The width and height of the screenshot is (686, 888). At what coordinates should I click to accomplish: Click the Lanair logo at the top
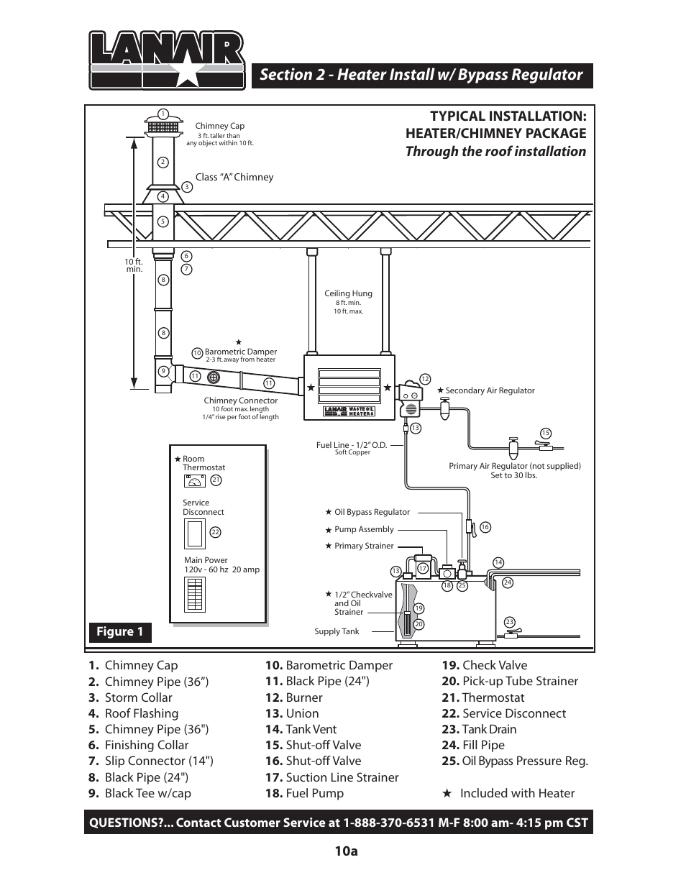click(166, 60)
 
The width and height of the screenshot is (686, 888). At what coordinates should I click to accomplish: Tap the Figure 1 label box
click(120, 632)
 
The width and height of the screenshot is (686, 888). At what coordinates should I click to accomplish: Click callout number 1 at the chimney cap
click(163, 114)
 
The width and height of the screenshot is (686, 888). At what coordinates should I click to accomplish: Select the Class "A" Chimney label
click(234, 177)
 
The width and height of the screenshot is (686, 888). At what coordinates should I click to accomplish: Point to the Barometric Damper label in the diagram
click(240, 352)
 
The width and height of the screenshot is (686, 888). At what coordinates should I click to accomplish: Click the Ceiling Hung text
click(348, 293)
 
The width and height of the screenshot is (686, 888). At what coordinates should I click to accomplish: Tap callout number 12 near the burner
click(425, 379)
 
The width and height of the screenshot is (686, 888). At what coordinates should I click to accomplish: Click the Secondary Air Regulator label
click(489, 390)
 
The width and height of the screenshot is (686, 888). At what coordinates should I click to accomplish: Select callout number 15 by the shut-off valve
click(546, 433)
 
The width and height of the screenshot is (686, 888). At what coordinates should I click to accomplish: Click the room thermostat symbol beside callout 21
click(195, 481)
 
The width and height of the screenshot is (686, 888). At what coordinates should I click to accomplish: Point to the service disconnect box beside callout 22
click(195, 533)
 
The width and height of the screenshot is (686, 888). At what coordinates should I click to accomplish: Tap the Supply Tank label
click(337, 631)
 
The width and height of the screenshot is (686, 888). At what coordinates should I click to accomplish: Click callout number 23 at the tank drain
click(510, 622)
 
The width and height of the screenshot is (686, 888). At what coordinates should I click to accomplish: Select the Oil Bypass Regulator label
click(372, 513)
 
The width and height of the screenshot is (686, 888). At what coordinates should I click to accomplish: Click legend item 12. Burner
click(293, 697)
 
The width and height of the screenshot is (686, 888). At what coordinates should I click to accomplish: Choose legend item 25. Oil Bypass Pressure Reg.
click(515, 761)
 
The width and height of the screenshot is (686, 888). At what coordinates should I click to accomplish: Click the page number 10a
click(346, 851)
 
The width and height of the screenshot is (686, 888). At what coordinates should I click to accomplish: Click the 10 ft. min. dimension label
click(134, 265)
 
